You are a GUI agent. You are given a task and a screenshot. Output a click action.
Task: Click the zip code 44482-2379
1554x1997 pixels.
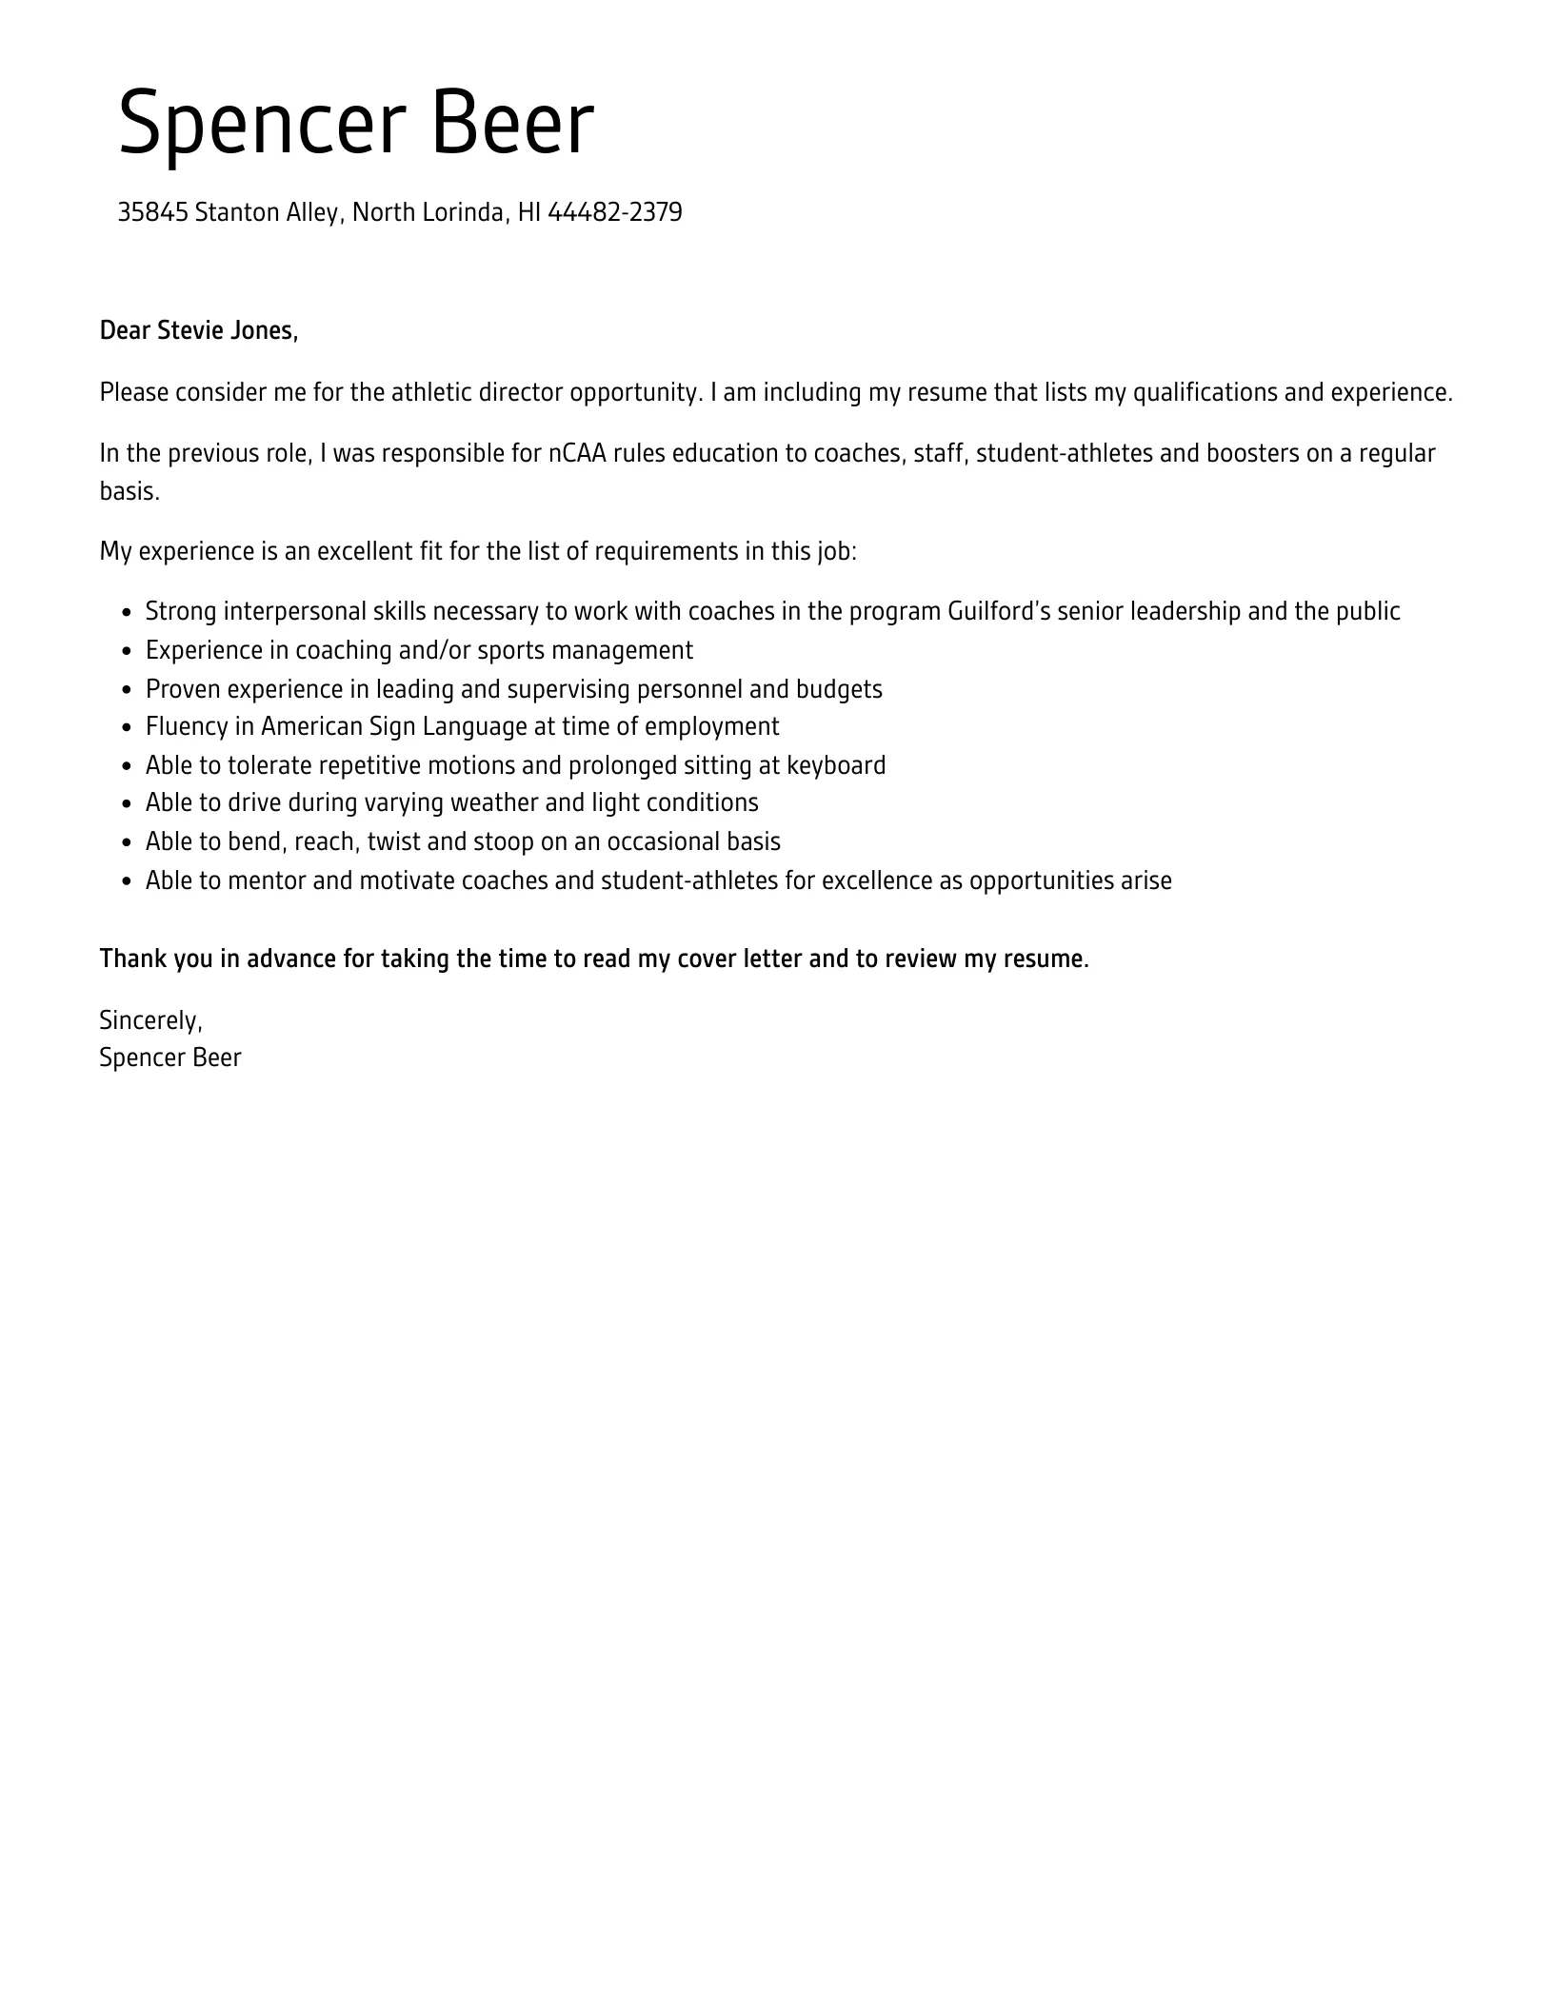[614, 212]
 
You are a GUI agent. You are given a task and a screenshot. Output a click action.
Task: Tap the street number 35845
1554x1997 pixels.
[152, 212]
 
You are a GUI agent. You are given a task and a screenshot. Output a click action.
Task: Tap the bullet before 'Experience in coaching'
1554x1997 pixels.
[127, 652]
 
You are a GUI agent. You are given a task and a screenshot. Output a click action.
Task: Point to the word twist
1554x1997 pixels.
[393, 842]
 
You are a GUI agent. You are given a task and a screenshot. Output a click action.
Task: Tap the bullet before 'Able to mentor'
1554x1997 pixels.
[127, 882]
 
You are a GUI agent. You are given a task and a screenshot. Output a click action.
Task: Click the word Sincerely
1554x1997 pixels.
[149, 1020]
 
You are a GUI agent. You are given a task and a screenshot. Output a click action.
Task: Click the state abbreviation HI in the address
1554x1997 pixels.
[529, 212]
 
